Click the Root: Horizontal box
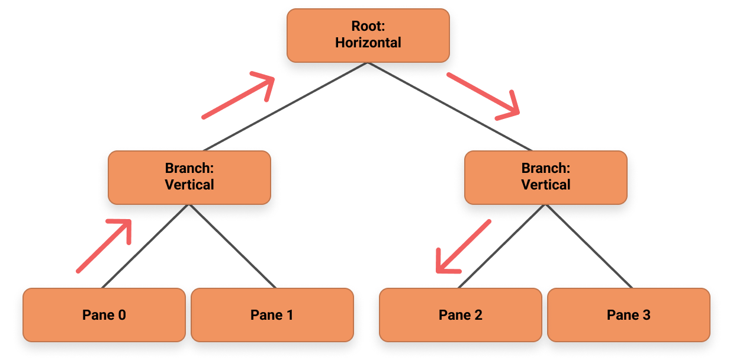(368, 35)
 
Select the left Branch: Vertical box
(189, 177)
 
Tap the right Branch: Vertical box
(545, 177)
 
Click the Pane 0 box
(104, 314)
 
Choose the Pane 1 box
(272, 314)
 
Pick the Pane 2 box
(460, 314)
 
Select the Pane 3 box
(628, 314)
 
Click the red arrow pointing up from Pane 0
(104, 246)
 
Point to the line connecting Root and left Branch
(284, 107)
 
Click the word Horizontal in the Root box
(368, 43)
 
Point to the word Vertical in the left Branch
(189, 185)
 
